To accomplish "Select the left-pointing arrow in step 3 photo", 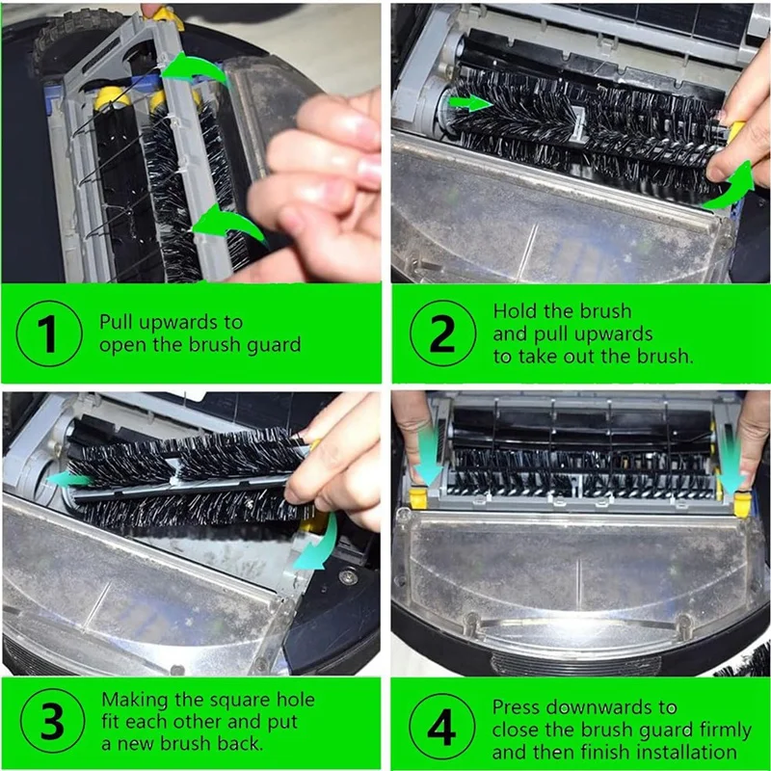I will pos(69,478).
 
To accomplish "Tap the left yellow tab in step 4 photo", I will pos(418,498).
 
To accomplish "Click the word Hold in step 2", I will pos(515,311).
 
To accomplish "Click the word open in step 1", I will pos(120,345).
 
